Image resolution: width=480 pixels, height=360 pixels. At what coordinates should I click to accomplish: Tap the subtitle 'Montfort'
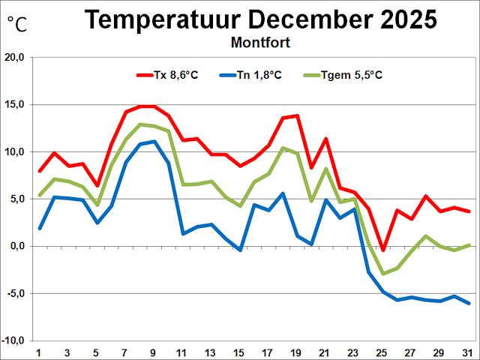259,42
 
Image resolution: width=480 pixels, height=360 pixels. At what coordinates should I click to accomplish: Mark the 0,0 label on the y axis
17,246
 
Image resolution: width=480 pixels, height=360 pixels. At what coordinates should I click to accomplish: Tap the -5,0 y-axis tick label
16,293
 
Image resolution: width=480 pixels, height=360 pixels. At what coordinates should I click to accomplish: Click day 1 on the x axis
39,352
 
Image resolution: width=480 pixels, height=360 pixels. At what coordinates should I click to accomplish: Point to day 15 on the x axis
240,352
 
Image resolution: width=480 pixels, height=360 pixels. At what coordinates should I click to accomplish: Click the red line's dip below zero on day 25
383,250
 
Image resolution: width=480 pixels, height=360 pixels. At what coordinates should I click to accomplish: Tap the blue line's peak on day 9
154,141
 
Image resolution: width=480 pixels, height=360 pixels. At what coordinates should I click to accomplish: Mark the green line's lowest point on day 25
383,274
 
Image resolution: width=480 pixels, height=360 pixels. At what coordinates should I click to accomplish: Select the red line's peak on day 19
297,115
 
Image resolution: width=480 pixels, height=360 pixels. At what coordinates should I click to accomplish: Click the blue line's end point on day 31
469,303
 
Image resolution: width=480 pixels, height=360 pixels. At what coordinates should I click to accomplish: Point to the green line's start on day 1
39,195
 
